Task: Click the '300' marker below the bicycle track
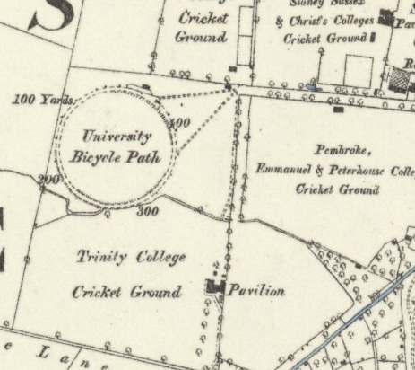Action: pyautogui.click(x=146, y=212)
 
